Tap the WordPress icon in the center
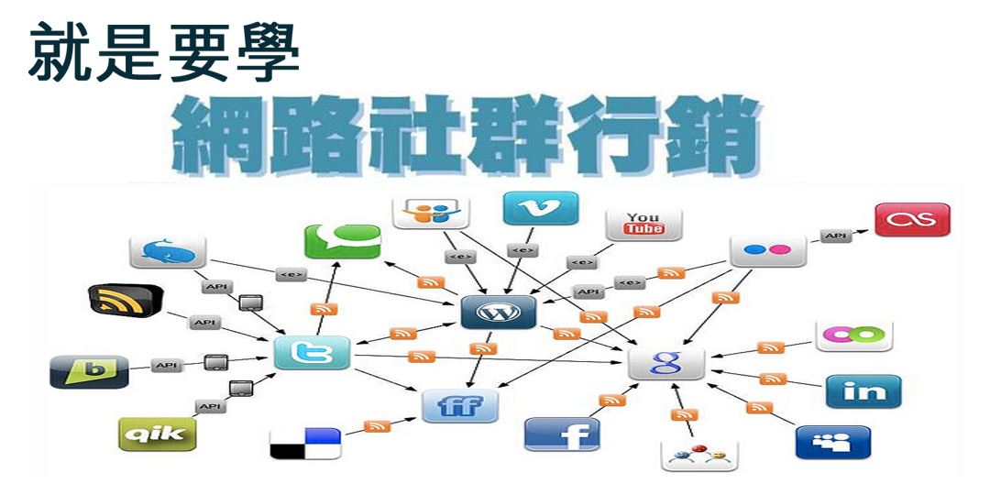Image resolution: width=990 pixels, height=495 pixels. pyautogui.click(x=498, y=313)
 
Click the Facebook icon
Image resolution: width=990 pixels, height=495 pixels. pyautogui.click(x=562, y=434)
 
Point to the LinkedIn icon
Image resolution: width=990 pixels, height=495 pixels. pyautogui.click(x=863, y=391)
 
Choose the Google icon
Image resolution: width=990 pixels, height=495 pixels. pyautogui.click(x=665, y=363)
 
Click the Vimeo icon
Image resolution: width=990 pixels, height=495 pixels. pyautogui.click(x=540, y=209)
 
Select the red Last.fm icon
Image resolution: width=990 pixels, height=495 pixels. pyautogui.click(x=912, y=220)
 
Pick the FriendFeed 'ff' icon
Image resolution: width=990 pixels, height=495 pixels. pyautogui.click(x=459, y=404)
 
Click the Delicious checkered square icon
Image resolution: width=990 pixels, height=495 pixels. pyautogui.click(x=305, y=443)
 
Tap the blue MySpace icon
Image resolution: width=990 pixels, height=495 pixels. pyautogui.click(x=832, y=442)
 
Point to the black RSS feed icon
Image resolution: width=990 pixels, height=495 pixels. pyautogui.click(x=126, y=301)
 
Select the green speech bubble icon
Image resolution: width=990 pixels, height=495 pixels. pyautogui.click(x=342, y=241)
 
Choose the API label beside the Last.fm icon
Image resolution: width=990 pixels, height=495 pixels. pyautogui.click(x=835, y=236)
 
